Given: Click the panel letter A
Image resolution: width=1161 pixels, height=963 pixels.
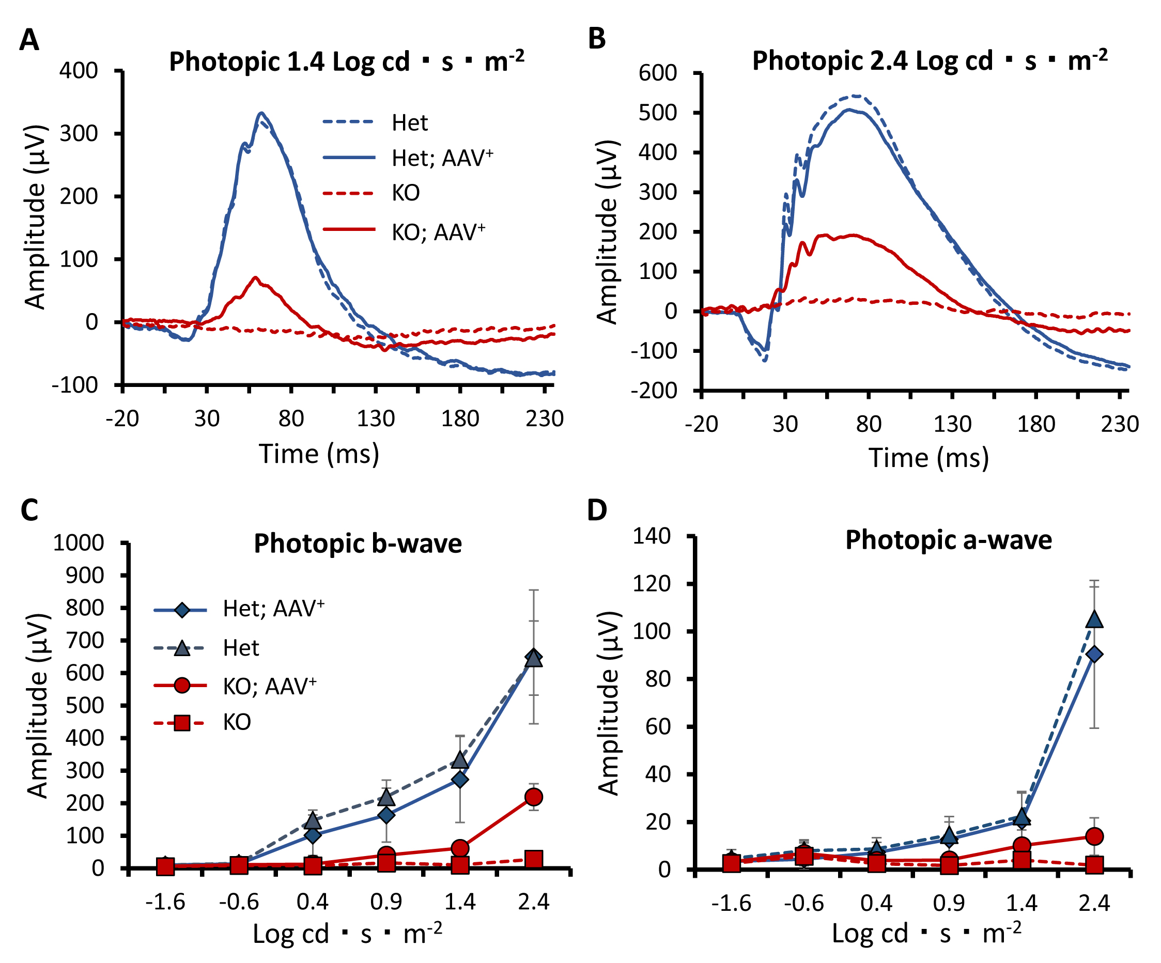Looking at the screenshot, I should [29, 40].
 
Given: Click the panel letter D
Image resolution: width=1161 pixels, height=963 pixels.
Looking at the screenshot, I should [597, 510].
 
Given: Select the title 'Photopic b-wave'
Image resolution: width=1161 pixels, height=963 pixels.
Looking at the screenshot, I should [358, 543].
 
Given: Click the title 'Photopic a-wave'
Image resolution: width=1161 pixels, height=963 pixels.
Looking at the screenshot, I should [948, 539].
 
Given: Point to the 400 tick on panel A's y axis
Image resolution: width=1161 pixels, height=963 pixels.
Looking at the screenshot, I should [79, 71].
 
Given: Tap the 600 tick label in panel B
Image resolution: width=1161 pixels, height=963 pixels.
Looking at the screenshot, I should [657, 73].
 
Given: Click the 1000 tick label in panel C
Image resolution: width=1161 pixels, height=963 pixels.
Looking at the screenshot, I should [79, 543].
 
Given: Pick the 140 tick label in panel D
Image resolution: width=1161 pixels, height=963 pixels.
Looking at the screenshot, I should [652, 536].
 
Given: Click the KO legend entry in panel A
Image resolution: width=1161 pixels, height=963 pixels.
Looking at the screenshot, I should [406, 193].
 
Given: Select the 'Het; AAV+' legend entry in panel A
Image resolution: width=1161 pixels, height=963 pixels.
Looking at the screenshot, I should [442, 158].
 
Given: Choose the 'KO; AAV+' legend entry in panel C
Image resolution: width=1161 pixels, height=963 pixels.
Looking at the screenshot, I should [270, 687].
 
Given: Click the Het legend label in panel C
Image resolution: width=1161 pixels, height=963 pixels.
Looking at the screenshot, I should [241, 648].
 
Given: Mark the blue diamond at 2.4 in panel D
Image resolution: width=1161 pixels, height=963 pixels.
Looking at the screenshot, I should [1094, 655].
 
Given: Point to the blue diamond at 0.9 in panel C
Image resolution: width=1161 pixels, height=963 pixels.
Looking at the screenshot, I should [386, 815].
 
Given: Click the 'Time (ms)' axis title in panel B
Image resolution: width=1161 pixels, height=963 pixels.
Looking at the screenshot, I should [928, 458].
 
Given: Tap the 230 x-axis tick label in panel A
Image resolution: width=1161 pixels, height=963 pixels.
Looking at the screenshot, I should [545, 418].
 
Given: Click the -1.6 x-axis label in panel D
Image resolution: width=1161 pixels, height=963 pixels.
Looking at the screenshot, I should [732, 903].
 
